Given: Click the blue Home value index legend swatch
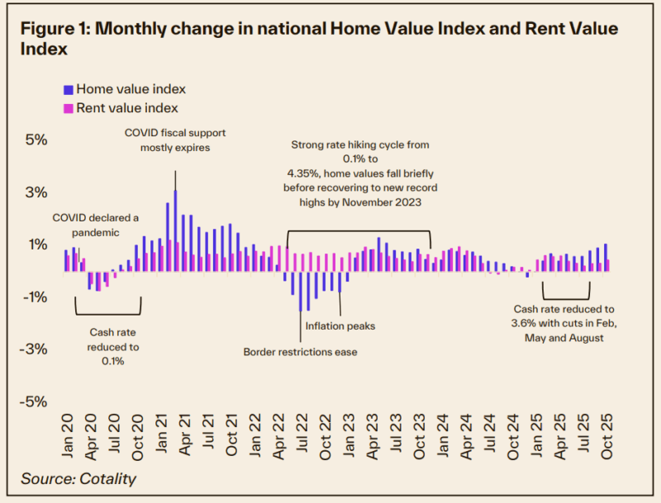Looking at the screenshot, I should pyautogui.click(x=68, y=89).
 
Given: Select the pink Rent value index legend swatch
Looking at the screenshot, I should pyautogui.click(x=68, y=108).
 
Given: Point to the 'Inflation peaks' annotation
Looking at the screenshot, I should pyautogui.click(x=340, y=326).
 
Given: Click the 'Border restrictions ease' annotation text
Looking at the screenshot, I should pyautogui.click(x=300, y=352).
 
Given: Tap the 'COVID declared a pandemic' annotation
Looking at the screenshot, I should pyautogui.click(x=96, y=225).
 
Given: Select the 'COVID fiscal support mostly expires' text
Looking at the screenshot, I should pyautogui.click(x=175, y=140).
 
